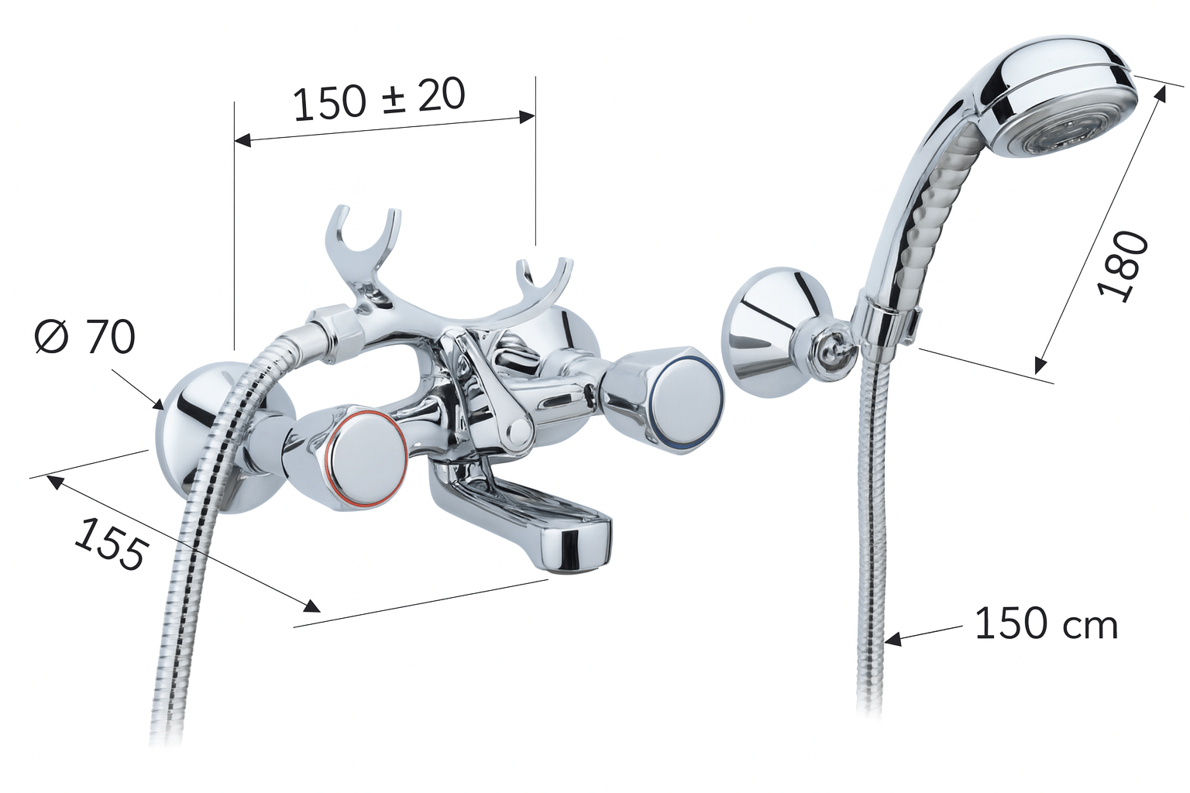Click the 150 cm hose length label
(1047, 625)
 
